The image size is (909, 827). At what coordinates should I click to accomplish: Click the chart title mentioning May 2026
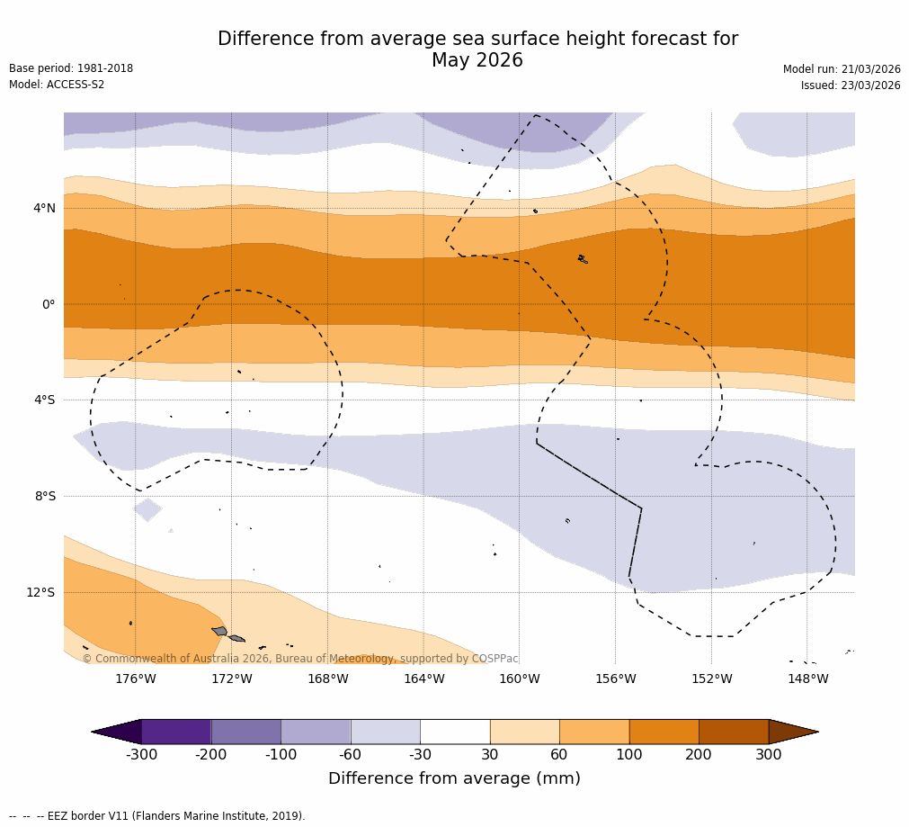click(477, 49)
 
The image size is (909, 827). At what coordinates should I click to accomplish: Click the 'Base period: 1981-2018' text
click(71, 68)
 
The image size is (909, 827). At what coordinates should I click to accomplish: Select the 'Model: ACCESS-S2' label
click(57, 85)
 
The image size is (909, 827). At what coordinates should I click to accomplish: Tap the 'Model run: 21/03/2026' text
click(842, 69)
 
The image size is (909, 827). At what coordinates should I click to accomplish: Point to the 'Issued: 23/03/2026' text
click(851, 85)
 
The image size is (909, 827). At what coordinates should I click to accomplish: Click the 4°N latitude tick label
click(44, 209)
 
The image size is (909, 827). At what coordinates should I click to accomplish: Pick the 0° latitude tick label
click(49, 304)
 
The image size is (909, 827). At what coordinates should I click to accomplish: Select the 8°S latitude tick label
click(45, 496)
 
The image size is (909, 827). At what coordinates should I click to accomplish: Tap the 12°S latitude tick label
click(41, 592)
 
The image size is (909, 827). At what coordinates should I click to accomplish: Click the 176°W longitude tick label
click(136, 679)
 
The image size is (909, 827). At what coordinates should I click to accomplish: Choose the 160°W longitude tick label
click(520, 679)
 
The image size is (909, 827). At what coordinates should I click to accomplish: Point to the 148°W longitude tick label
click(807, 679)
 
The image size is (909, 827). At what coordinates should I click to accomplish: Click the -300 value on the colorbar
click(141, 755)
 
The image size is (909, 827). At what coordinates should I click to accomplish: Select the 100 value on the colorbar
click(629, 755)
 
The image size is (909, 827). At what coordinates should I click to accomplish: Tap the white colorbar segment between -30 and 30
click(455, 732)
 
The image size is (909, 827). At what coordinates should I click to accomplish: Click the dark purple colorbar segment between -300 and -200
click(176, 732)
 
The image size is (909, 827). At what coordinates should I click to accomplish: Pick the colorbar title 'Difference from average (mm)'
click(454, 778)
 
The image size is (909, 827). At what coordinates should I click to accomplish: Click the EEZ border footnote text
click(157, 816)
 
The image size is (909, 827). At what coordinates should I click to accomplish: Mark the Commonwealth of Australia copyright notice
click(300, 659)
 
